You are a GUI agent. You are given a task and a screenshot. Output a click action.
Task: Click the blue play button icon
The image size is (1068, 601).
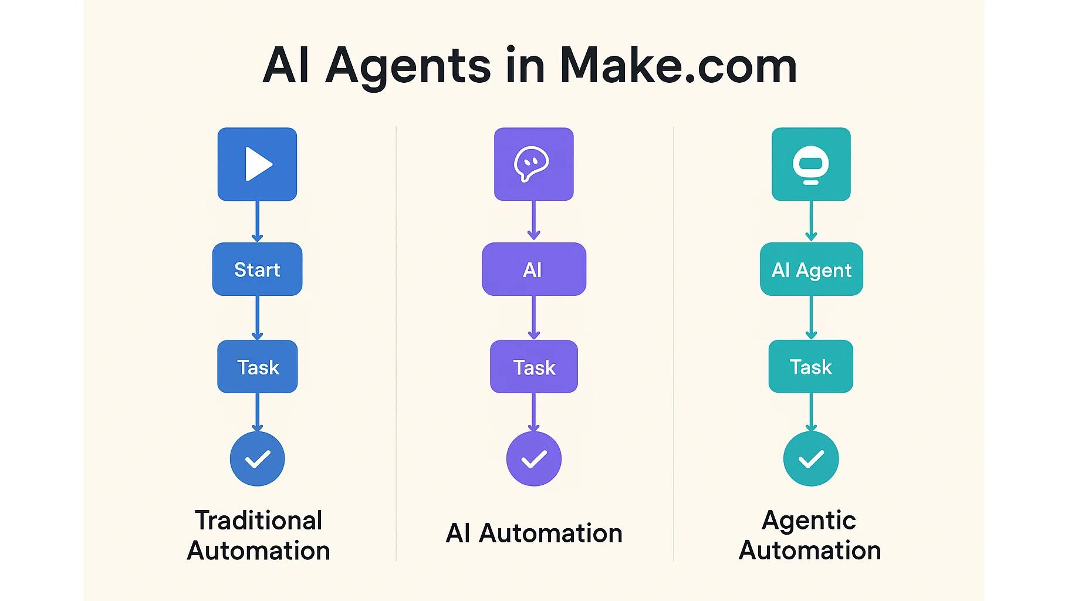(257, 164)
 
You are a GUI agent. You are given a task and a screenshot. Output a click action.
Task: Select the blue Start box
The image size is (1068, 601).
(257, 269)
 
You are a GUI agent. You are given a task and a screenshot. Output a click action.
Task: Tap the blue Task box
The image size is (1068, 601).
(257, 367)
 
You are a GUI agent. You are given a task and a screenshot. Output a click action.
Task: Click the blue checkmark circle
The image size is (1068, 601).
(257, 458)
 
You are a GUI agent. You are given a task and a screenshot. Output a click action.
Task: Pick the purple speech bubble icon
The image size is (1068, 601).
(533, 164)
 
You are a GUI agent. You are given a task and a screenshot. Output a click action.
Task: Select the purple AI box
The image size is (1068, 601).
(533, 269)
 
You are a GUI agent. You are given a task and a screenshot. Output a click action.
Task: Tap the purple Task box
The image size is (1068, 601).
(533, 367)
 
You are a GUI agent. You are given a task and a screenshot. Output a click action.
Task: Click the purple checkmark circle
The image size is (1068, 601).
(533, 458)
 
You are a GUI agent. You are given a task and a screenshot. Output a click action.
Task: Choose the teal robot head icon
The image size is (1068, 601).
(811, 164)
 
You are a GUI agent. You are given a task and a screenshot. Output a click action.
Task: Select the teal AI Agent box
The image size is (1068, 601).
(811, 269)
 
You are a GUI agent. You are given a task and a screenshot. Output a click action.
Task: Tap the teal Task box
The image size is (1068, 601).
(811, 367)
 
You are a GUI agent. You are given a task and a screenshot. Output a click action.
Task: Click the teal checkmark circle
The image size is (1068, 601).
(811, 458)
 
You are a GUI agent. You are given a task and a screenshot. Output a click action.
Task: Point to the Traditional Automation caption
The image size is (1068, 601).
(258, 535)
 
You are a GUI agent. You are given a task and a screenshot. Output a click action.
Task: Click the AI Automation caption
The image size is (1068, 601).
(533, 533)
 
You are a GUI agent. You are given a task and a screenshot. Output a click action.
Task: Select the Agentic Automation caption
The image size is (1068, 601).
(810, 535)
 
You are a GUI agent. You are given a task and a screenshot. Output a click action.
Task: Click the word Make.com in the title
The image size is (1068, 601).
(678, 65)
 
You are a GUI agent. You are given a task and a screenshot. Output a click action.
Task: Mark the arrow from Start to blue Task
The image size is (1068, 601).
(257, 318)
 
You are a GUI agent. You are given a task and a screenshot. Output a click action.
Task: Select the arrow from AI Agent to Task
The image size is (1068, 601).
(811, 318)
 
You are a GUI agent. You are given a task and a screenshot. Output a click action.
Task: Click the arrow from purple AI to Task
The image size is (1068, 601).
(533, 318)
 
